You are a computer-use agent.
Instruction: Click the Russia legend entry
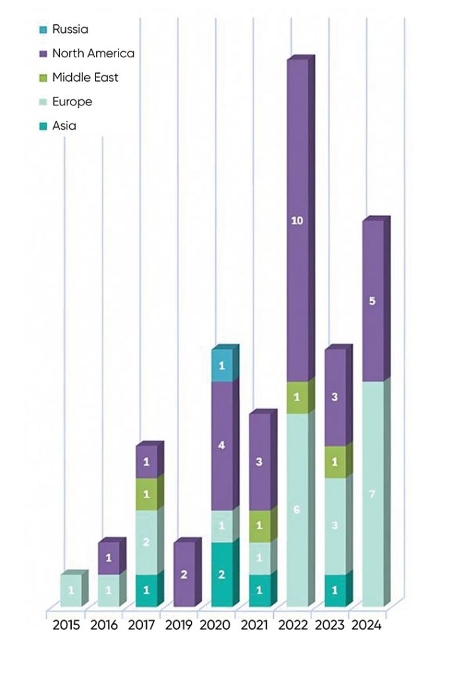[x=70, y=29]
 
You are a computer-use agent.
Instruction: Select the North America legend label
[x=93, y=53]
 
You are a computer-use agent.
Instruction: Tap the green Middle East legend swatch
[x=43, y=78]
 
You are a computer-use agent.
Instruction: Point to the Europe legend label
[x=72, y=102]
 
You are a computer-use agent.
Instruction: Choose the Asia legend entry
[x=64, y=126]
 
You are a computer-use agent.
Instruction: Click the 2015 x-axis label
[x=66, y=625]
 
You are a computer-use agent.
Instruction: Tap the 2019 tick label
[x=178, y=625]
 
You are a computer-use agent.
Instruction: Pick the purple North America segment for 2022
[x=297, y=221]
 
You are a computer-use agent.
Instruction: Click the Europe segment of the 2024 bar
[x=372, y=494]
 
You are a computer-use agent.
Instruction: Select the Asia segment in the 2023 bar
[x=334, y=590]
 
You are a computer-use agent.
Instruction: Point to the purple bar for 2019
[x=184, y=575]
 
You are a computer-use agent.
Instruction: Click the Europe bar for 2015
[x=71, y=590]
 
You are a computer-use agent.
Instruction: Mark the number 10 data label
[x=297, y=221]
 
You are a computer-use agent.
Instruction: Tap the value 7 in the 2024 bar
[x=372, y=494]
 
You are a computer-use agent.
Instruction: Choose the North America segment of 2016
[x=109, y=559]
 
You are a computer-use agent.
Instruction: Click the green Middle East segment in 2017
[x=146, y=494]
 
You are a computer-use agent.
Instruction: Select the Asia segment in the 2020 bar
[x=222, y=575]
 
